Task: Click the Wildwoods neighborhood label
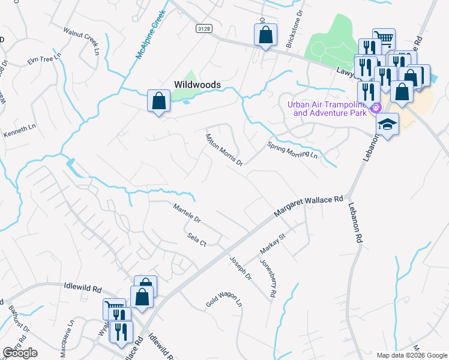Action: (197, 85)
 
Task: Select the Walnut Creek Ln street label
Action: (81, 40)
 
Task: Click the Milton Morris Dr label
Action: (224, 149)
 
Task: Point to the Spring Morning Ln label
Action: (292, 150)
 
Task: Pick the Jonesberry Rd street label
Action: (268, 278)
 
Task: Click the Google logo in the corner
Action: (20, 353)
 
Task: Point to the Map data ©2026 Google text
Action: (411, 355)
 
